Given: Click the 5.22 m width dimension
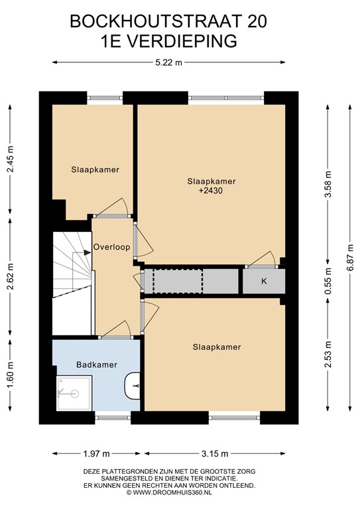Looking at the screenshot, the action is pyautogui.click(x=168, y=63).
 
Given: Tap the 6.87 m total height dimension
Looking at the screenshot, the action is pyautogui.click(x=351, y=258).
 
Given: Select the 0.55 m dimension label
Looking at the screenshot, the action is pyautogui.click(x=328, y=281).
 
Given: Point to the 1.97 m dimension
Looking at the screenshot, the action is pyautogui.click(x=96, y=454).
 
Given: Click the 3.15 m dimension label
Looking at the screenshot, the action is pyautogui.click(x=215, y=454).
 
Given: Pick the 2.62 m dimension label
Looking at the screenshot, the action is pyautogui.click(x=11, y=277).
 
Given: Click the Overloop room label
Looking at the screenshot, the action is pyautogui.click(x=111, y=247).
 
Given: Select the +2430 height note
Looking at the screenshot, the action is pyautogui.click(x=211, y=191).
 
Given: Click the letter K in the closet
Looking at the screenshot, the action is pyautogui.click(x=264, y=281).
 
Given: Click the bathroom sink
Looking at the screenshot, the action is pyautogui.click(x=133, y=386).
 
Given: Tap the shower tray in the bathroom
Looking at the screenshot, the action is pyautogui.click(x=74, y=393).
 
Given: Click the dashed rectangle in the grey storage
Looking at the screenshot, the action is pyautogui.click(x=178, y=281).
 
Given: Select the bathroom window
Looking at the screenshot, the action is pyautogui.click(x=113, y=418).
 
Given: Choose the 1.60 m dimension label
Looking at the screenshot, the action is pyautogui.click(x=11, y=376).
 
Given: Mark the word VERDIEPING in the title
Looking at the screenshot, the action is pyautogui.click(x=181, y=41).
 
